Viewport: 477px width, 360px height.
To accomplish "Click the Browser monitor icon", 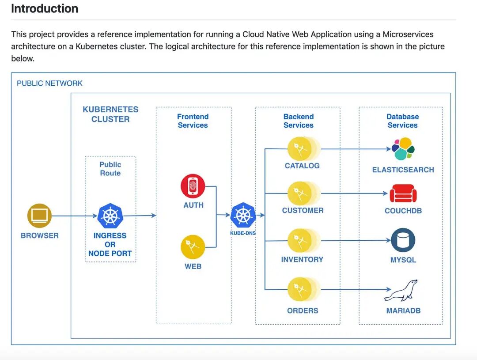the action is tap(40, 216).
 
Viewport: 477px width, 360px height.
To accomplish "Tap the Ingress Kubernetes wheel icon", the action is tap(110, 216).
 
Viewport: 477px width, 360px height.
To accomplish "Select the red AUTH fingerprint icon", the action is tap(193, 186).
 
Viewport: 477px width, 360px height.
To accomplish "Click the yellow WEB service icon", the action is tap(193, 247).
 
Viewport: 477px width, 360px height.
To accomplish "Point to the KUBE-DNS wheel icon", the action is tap(243, 215).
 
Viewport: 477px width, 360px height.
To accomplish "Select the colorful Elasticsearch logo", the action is tap(403, 149).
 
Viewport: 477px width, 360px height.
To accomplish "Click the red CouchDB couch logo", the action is tap(403, 193).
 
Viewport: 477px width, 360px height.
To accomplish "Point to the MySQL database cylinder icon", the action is tap(403, 240).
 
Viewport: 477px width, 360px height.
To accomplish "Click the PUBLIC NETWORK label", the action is tap(49, 83).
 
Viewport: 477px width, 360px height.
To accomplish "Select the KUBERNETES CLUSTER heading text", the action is tap(110, 114).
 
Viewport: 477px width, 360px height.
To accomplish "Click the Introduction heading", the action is tap(45, 8).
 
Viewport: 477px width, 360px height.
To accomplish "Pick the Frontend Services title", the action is tap(193, 121).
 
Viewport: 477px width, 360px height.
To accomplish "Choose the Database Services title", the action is tap(403, 121).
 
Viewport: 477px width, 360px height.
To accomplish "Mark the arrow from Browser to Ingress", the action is tap(75, 216).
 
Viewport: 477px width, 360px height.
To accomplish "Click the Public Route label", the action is tap(110, 169).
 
